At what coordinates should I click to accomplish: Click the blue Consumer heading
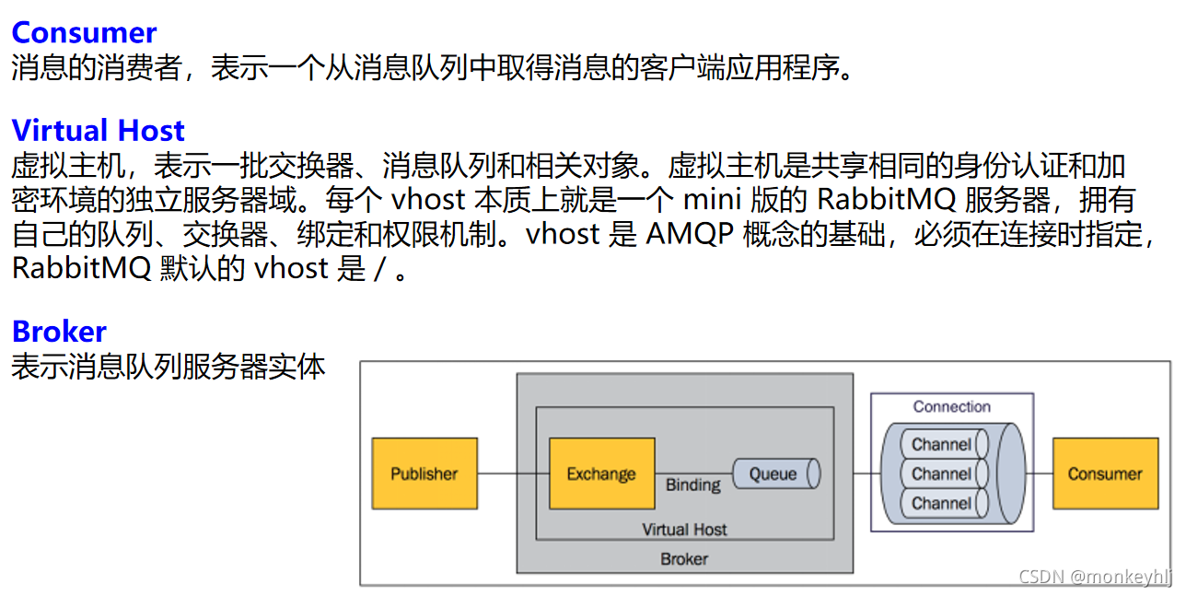click(x=84, y=33)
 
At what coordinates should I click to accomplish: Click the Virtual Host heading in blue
click(x=99, y=130)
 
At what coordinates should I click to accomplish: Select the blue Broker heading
click(x=59, y=332)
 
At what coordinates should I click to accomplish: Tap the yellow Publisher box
click(x=424, y=473)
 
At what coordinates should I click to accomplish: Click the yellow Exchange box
click(x=601, y=473)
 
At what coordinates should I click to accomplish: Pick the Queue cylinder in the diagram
click(x=775, y=473)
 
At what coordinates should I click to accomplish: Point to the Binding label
click(x=692, y=485)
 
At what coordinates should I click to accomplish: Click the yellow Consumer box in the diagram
click(x=1104, y=473)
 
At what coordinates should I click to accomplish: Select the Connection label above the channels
click(x=951, y=406)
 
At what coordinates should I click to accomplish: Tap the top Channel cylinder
click(x=942, y=444)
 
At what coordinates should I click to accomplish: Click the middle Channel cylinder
click(x=942, y=473)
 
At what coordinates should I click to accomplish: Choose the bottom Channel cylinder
click(x=942, y=503)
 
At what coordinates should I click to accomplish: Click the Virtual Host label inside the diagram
click(x=684, y=530)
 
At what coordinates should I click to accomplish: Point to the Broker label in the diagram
click(x=684, y=559)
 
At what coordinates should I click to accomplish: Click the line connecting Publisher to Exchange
click(x=513, y=473)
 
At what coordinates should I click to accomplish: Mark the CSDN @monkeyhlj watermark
click(x=1096, y=577)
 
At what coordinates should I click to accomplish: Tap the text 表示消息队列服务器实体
click(x=169, y=367)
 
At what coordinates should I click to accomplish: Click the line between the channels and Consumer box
click(x=1040, y=473)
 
